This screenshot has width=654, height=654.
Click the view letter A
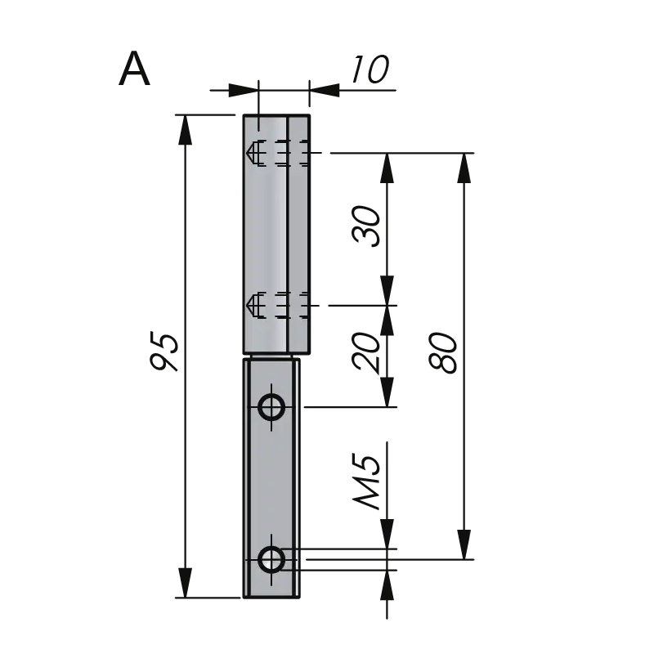point(134,69)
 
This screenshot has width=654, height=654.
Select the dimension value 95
point(164,351)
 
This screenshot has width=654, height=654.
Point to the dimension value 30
point(366,226)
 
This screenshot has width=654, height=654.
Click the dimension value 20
point(366,352)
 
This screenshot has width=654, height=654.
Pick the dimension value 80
point(443,352)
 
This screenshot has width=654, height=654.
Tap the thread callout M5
point(366,482)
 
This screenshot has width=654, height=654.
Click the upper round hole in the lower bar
point(271,406)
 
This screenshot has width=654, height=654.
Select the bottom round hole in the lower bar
point(271,559)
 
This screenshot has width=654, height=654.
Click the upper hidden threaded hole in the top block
point(277,153)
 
